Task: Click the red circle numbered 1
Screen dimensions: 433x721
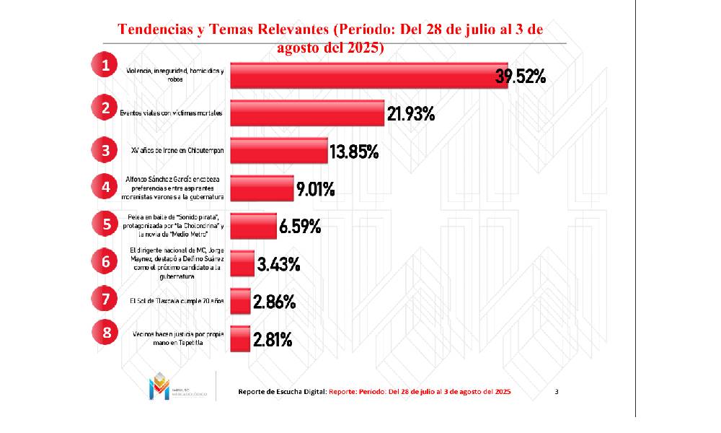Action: (105, 66)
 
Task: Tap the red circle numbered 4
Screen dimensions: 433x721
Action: (105, 186)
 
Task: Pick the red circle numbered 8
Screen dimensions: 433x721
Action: (105, 333)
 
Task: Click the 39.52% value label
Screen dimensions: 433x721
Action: (520, 76)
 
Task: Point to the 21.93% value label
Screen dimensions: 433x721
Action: (410, 114)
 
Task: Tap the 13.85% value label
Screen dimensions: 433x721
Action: (354, 152)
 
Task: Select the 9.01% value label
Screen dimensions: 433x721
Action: (315, 190)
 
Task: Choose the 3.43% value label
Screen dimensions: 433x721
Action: (278, 264)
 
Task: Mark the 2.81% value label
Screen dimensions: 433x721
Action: (272, 339)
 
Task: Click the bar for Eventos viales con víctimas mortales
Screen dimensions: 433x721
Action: (306, 113)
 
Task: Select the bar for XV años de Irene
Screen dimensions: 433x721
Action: (278, 151)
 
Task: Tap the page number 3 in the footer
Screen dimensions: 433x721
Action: (557, 391)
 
